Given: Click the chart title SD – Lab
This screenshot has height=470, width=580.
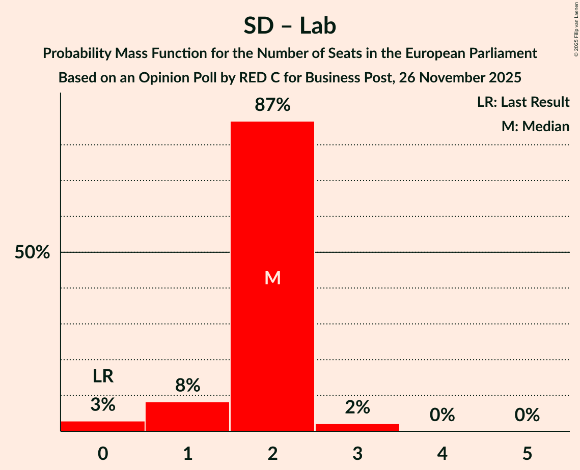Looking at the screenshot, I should click(290, 25).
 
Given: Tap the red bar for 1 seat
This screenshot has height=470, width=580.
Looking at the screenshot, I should click(187, 417).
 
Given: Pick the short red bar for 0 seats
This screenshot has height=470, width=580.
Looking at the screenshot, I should click(103, 426).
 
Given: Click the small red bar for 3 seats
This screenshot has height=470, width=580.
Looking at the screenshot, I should click(357, 427).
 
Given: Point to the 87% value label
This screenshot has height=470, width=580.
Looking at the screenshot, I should click(272, 105).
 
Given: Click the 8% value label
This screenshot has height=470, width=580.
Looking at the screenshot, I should click(187, 386).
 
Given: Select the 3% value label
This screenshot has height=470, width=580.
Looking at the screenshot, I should click(103, 405).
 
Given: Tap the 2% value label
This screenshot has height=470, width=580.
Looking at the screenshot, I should click(357, 407).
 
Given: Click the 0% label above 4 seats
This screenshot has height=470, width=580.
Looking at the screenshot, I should click(442, 415).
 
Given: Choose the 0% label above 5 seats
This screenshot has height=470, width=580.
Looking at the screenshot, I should click(527, 415).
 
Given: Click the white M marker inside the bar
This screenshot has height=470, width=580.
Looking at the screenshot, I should click(272, 278).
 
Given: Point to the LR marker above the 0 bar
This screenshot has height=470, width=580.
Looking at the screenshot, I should click(103, 376).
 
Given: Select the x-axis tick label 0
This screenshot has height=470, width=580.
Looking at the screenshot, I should click(103, 453).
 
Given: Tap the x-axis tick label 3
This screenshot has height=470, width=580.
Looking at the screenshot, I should click(357, 453).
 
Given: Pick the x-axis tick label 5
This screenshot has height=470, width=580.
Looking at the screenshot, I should click(527, 453).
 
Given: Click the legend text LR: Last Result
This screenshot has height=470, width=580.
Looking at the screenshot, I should click(523, 102).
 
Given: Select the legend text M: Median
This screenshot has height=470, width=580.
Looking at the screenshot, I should click(535, 126).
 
